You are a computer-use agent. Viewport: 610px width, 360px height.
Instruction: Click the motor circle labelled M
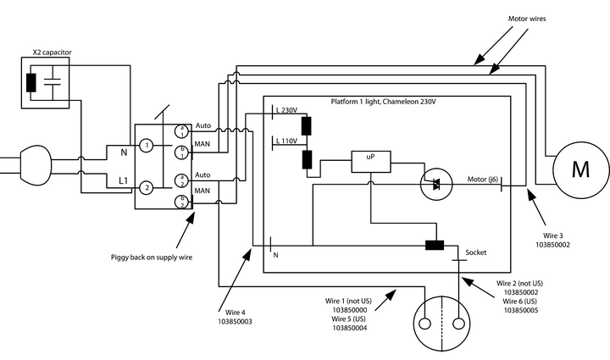580,170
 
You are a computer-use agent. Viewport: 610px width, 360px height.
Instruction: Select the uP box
370,159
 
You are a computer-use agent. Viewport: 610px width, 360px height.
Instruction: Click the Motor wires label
530,18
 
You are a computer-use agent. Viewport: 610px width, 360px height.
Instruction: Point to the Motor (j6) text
483,180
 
